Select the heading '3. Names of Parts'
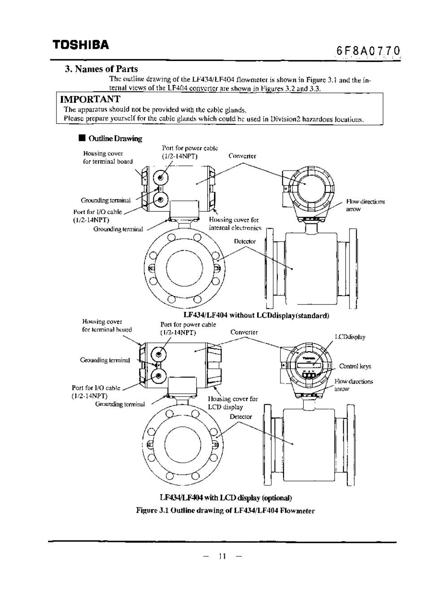point(101,69)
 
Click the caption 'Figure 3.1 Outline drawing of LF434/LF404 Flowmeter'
point(225,510)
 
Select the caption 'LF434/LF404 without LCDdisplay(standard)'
point(256,315)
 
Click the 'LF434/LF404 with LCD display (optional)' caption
point(226,498)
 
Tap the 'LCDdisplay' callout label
point(350,337)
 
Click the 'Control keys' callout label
point(355,366)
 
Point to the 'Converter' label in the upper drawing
point(242,156)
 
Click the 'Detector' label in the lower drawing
point(240,417)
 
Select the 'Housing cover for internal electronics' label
point(235,224)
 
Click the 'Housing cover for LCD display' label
point(232,403)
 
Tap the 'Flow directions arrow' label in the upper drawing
point(365,205)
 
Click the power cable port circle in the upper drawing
point(160,178)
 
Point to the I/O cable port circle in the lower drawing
point(157,375)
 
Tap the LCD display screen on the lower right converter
point(308,361)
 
